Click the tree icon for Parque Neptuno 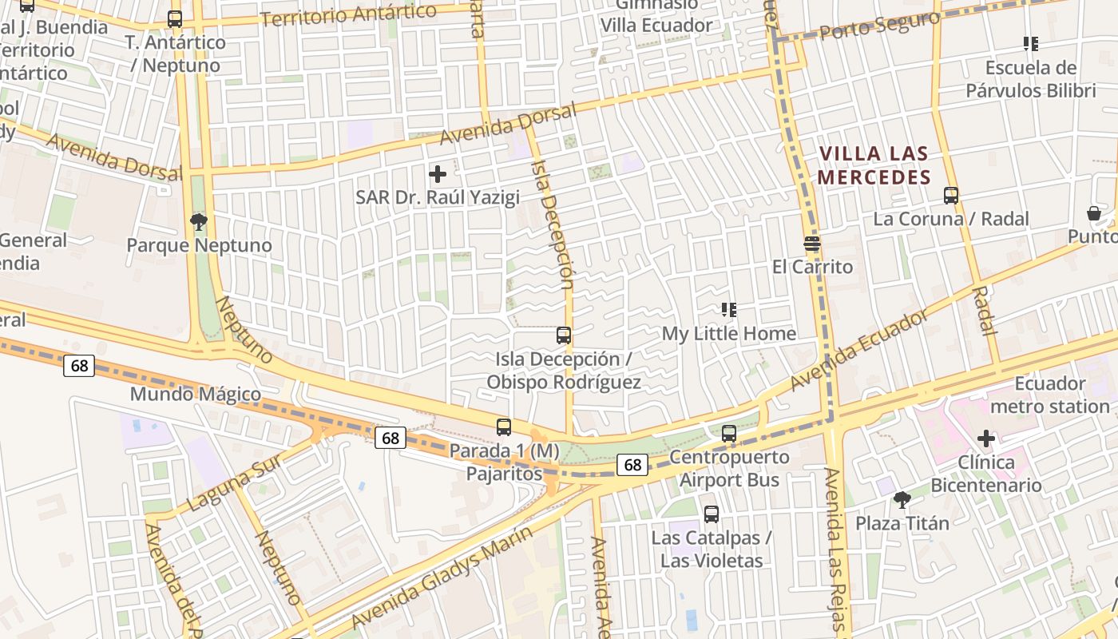pyautogui.click(x=198, y=221)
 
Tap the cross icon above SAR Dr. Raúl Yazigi pyautogui.click(x=438, y=173)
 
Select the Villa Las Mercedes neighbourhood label pyautogui.click(x=874, y=165)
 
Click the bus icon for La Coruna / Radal pyautogui.click(x=950, y=195)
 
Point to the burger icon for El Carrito pyautogui.click(x=812, y=243)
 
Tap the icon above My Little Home pyautogui.click(x=728, y=309)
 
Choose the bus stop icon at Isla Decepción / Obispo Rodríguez pyautogui.click(x=564, y=335)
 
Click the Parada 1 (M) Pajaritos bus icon pyautogui.click(x=504, y=427)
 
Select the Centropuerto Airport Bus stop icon pyautogui.click(x=728, y=434)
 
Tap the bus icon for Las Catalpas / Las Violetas pyautogui.click(x=711, y=514)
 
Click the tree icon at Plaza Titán pyautogui.click(x=902, y=500)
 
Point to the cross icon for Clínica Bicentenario pyautogui.click(x=986, y=439)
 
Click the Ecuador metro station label pyautogui.click(x=1050, y=395)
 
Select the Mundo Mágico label pyautogui.click(x=195, y=394)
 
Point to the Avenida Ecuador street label pyautogui.click(x=859, y=350)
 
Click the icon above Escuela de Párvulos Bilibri pyautogui.click(x=1030, y=44)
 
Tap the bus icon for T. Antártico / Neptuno pyautogui.click(x=175, y=18)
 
